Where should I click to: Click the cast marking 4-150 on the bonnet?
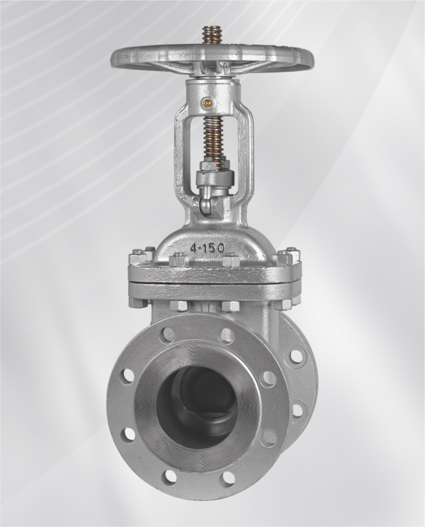(208, 248)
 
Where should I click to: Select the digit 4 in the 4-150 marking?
(194, 249)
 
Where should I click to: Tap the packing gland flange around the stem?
(214, 177)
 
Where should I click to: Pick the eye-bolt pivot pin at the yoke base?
(205, 205)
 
